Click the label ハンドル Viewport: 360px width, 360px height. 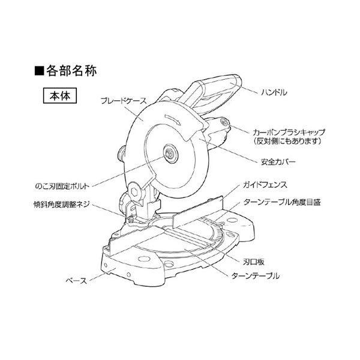click(275, 94)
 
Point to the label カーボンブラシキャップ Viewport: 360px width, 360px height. click(289, 130)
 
